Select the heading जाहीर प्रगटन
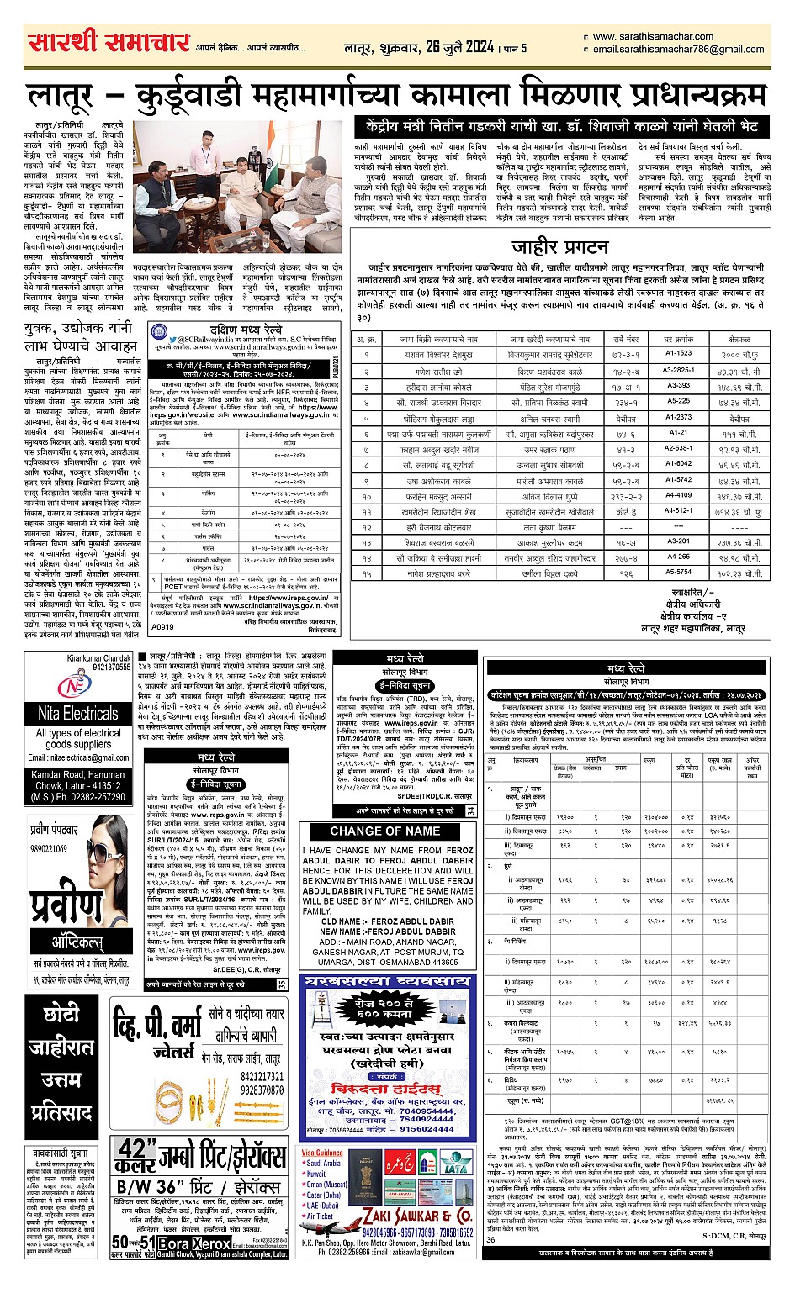click(560, 247)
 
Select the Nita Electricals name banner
click(78, 714)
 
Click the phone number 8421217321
click(262, 1076)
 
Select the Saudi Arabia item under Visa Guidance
click(324, 1163)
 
